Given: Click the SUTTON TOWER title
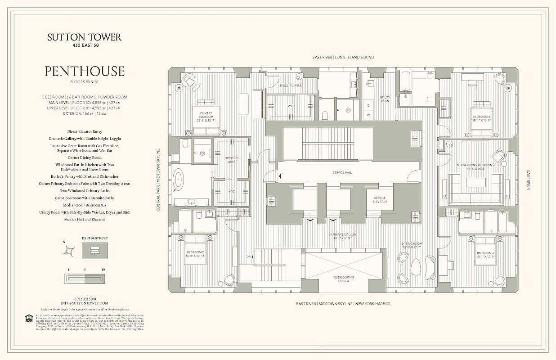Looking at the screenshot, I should click(84, 37).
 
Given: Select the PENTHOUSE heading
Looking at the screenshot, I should click(84, 71).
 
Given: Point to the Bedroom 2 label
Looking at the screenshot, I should click(196, 253).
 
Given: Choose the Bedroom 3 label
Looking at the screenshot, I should click(485, 255).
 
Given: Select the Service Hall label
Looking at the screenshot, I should click(341, 173).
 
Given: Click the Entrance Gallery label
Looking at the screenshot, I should click(343, 236).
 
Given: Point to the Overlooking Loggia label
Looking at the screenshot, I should click(344, 279).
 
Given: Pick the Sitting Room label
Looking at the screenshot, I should click(411, 245).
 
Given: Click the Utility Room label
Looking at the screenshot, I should click(385, 99).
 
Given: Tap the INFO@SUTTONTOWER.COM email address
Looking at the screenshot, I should click(85, 303).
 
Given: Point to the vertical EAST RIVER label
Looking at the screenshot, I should click(529, 180).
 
